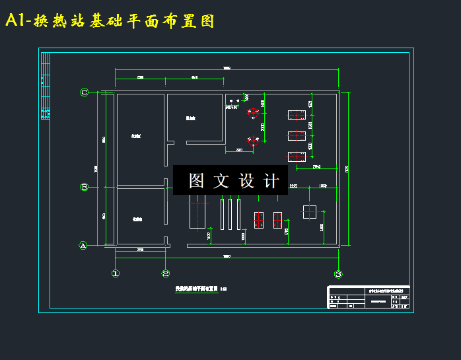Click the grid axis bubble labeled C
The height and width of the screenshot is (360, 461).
pyautogui.click(x=84, y=92)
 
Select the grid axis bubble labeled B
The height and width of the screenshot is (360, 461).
pyautogui.click(x=84, y=187)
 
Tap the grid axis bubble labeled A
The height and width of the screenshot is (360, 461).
pyautogui.click(x=83, y=246)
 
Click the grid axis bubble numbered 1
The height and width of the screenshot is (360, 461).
pyautogui.click(x=116, y=273)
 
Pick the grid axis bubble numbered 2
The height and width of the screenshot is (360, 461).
pyautogui.click(x=166, y=273)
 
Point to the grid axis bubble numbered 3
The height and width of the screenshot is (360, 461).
pyautogui.click(x=338, y=274)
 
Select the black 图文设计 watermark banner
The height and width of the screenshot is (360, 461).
pyautogui.click(x=230, y=180)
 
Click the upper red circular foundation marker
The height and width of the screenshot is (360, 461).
pyautogui.click(x=252, y=113)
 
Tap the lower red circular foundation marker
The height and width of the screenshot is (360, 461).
pyautogui.click(x=252, y=140)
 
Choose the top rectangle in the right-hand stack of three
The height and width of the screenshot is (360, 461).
pyautogui.click(x=295, y=116)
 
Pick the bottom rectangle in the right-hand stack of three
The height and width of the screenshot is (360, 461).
pyautogui.click(x=295, y=157)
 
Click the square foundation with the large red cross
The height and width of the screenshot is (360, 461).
pyautogui.click(x=310, y=212)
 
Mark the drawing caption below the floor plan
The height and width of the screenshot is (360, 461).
pyautogui.click(x=200, y=289)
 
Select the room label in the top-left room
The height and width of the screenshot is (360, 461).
pyautogui.click(x=136, y=136)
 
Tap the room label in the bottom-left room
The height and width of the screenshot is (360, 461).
pyautogui.click(x=137, y=219)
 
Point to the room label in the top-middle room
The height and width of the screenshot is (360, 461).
pyautogui.click(x=190, y=118)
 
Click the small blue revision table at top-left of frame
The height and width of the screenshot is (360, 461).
pyautogui.click(x=45, y=86)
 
